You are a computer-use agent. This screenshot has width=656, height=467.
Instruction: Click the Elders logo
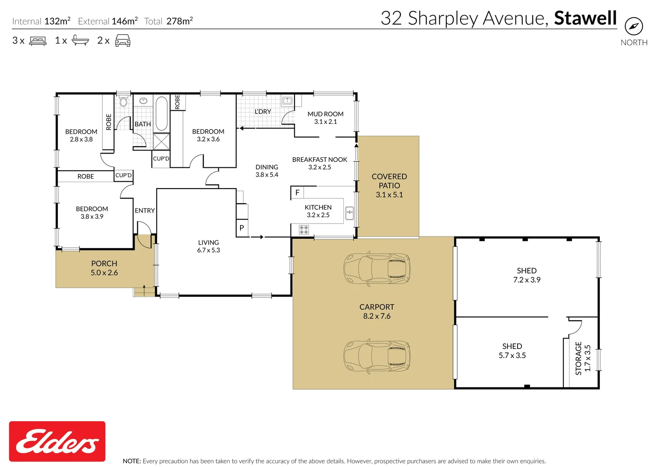click(x=57, y=441)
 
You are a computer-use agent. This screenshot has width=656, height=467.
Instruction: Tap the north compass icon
click(x=634, y=26)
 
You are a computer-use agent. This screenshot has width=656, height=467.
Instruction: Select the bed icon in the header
click(x=38, y=41)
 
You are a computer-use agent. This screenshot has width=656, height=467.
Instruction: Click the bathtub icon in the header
click(x=80, y=41)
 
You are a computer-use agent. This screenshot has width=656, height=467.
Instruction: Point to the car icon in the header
click(x=123, y=41)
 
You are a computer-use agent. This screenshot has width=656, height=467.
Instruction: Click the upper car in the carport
click(x=377, y=269)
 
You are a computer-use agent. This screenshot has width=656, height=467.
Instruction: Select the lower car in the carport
click(x=377, y=356)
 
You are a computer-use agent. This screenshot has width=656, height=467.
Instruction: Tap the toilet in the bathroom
click(x=124, y=101)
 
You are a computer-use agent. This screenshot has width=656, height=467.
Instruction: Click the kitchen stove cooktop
click(x=304, y=230)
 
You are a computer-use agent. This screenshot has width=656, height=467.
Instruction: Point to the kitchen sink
click(x=349, y=213)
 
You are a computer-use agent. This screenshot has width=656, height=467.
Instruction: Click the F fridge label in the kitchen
click(x=297, y=193)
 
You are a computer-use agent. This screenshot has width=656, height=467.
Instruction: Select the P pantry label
click(x=242, y=228)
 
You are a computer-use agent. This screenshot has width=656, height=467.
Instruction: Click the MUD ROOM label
click(x=325, y=114)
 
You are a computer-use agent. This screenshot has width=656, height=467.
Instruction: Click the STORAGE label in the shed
click(x=578, y=358)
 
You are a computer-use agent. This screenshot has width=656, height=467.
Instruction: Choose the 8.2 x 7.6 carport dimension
click(x=377, y=316)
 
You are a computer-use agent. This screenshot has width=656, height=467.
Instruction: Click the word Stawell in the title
click(x=585, y=18)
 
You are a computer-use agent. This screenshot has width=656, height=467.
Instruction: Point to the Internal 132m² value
click(x=57, y=21)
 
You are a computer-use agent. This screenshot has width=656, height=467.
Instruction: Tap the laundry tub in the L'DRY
click(x=287, y=101)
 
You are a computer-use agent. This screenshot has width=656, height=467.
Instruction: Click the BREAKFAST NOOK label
click(x=320, y=160)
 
